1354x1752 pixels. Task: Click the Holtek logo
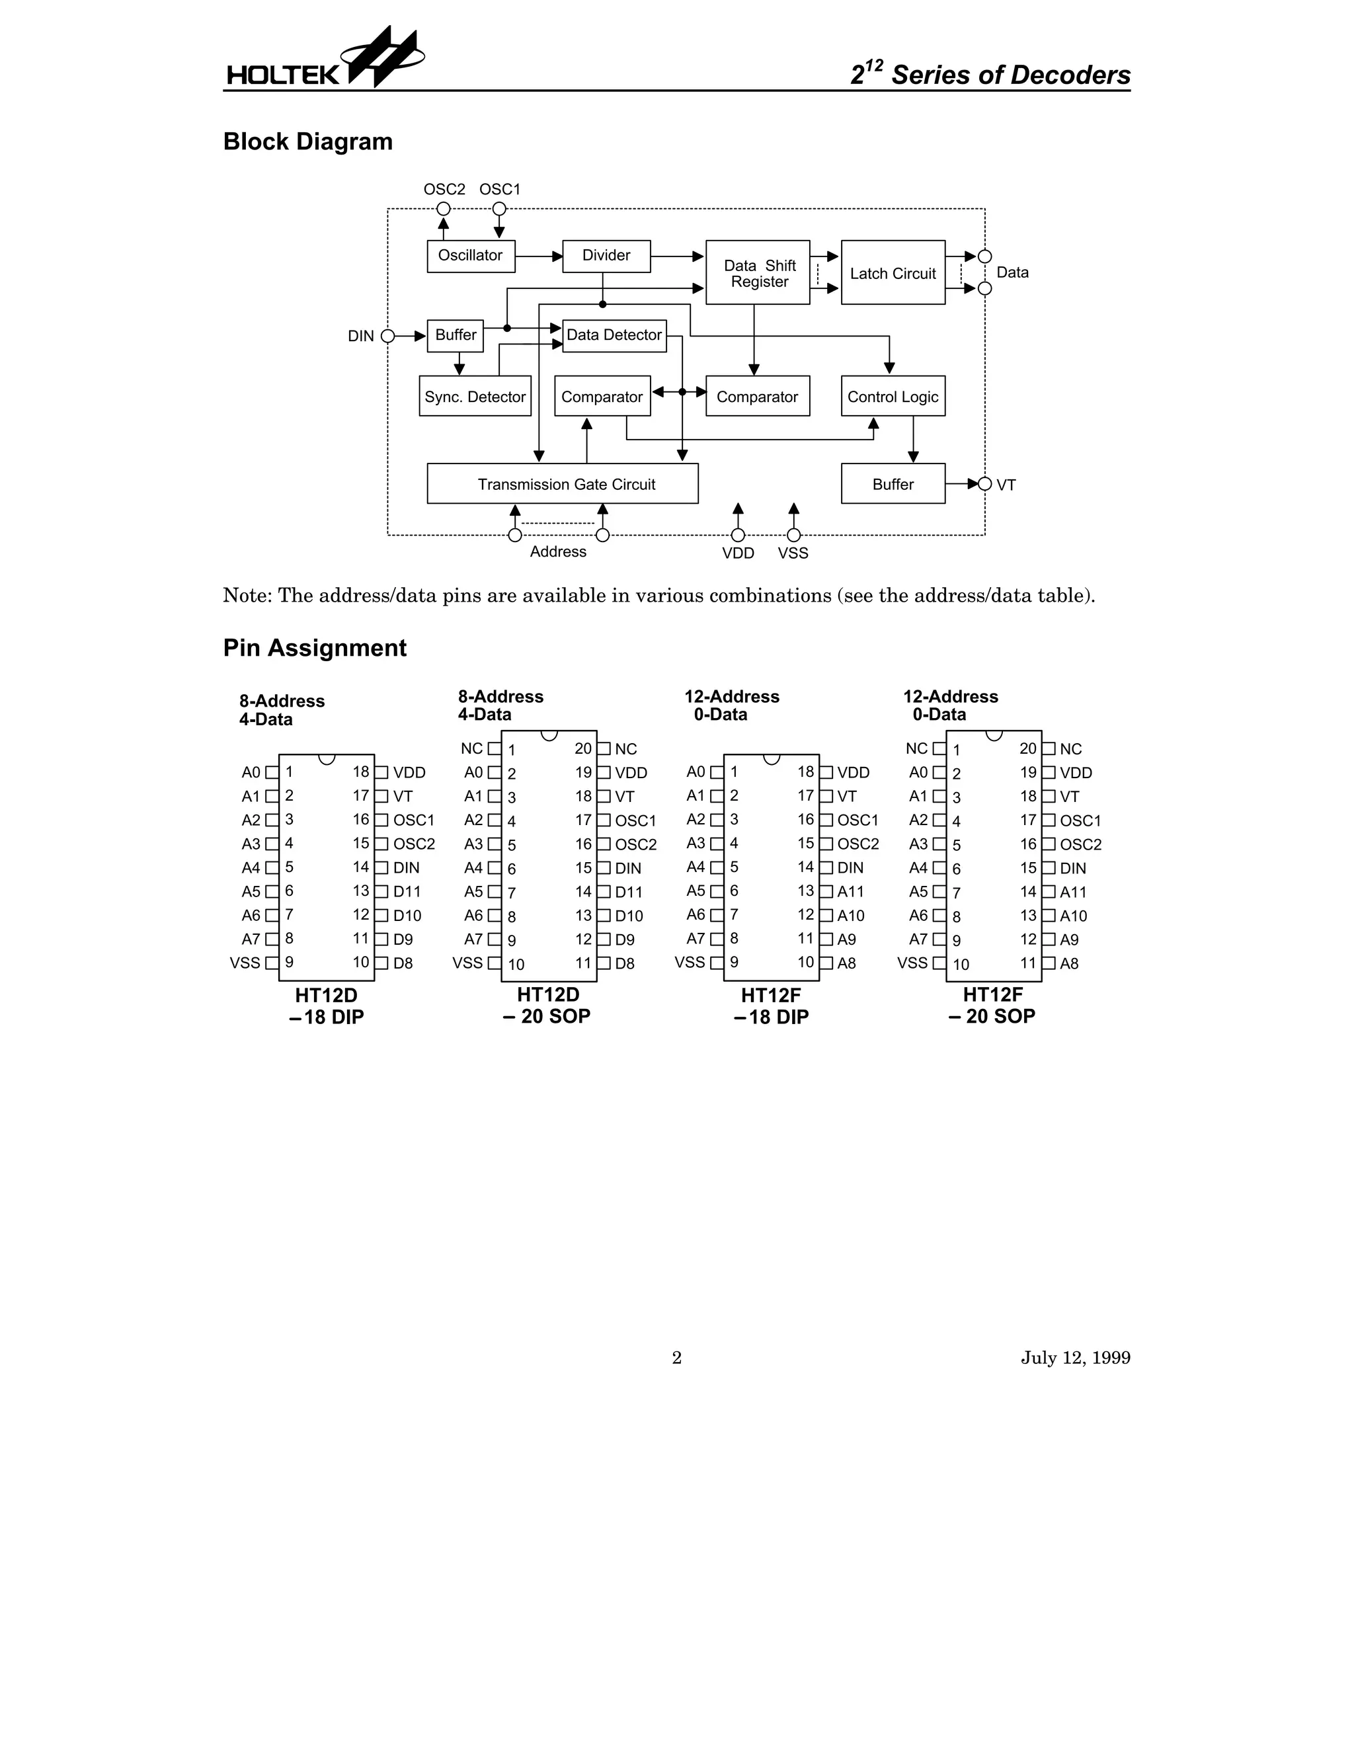[324, 61]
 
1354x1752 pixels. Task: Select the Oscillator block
[471, 256]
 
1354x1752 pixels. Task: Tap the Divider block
[606, 256]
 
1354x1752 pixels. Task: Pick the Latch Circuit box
[893, 273]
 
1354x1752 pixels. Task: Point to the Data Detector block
[614, 335]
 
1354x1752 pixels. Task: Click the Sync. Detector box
[475, 396]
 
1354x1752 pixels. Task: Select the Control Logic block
[893, 396]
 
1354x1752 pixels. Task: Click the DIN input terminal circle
[388, 336]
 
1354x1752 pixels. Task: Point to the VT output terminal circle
[985, 484]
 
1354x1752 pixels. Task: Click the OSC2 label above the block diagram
[444, 189]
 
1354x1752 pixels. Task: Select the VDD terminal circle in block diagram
[738, 535]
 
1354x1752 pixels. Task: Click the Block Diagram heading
[308, 142]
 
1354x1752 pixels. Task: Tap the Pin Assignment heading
[315, 648]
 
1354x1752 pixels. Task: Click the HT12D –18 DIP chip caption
[327, 1006]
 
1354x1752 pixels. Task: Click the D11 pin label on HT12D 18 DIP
[407, 891]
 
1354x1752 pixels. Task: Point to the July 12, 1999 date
[1075, 1357]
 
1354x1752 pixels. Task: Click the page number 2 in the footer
[676, 1357]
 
